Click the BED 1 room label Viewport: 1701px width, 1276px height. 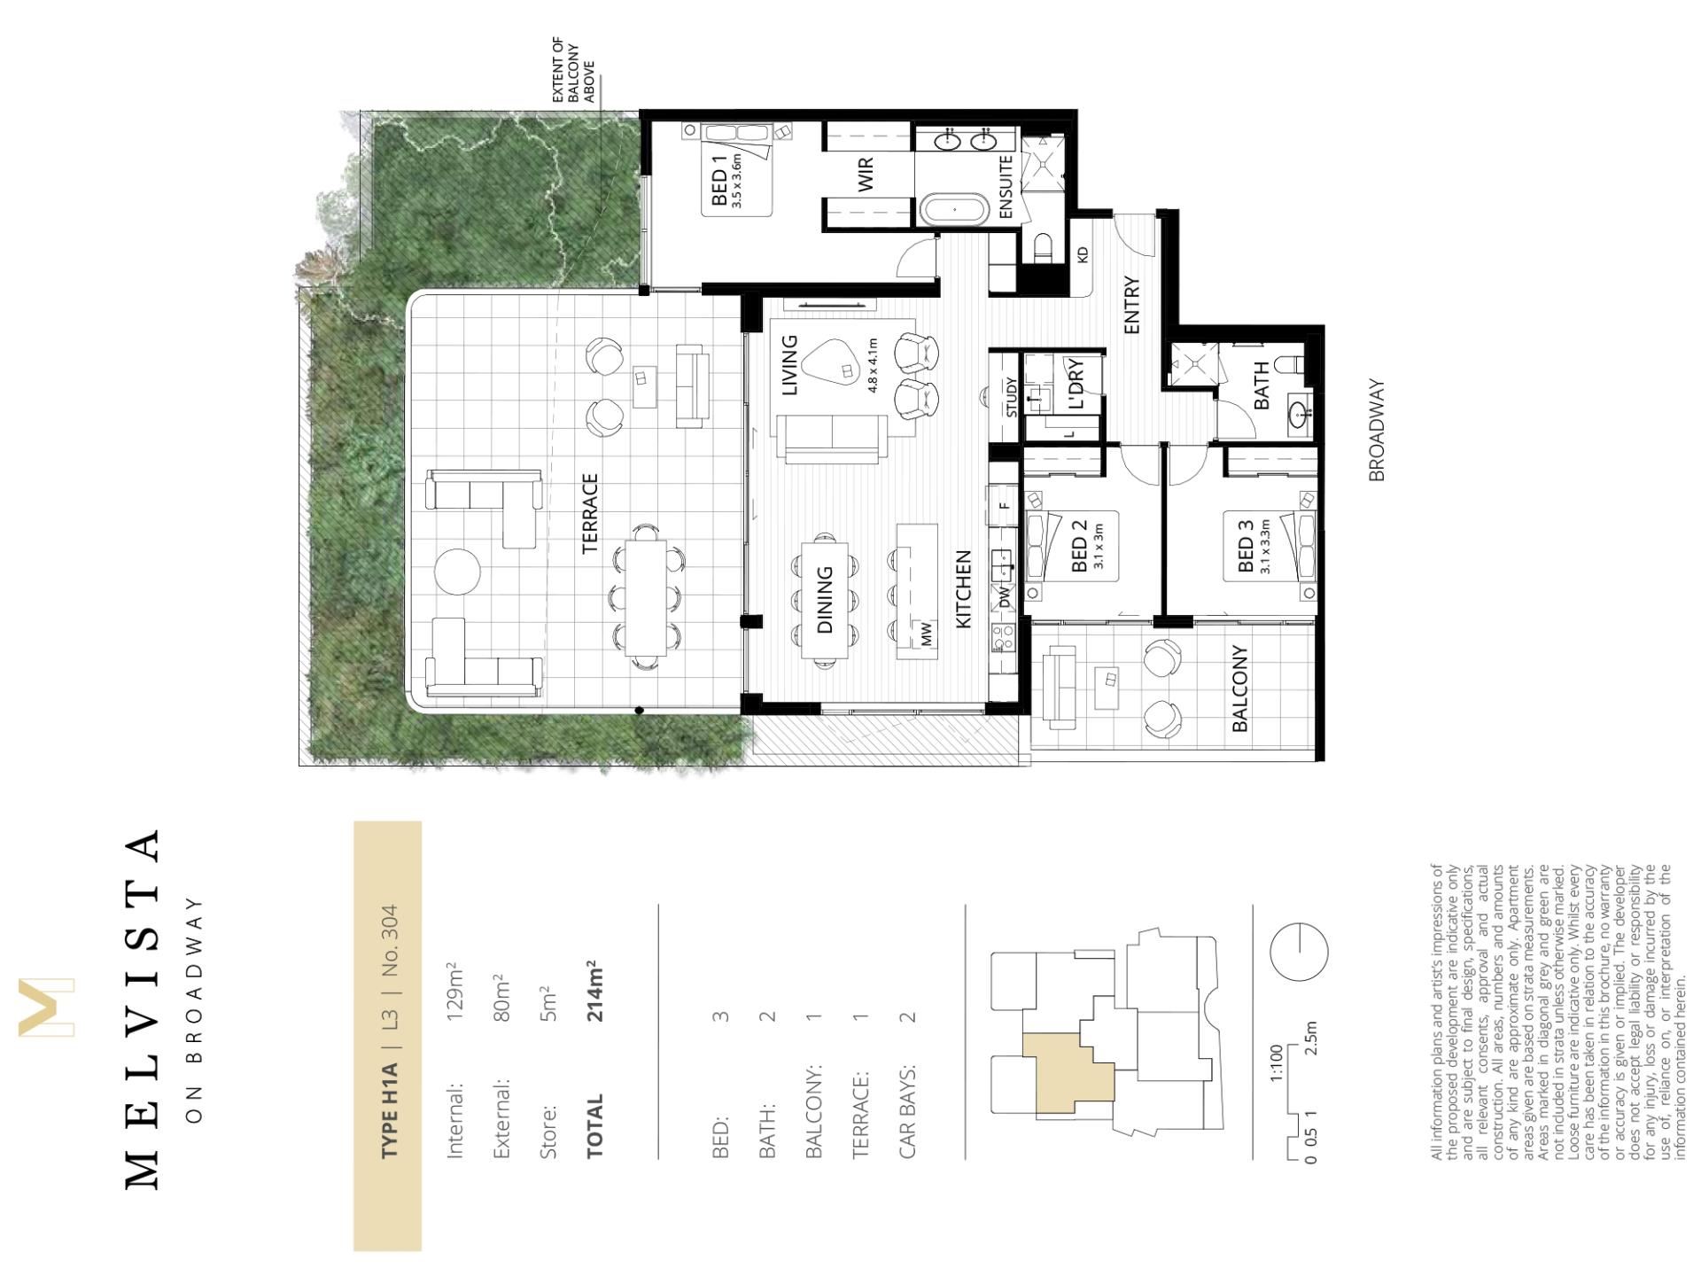(719, 181)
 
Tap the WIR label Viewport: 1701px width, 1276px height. (866, 174)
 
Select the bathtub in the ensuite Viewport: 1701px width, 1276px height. (954, 211)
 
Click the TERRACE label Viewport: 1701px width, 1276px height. (590, 514)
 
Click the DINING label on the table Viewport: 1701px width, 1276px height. (825, 600)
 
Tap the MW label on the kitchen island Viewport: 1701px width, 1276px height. (927, 633)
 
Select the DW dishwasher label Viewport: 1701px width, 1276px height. (1005, 597)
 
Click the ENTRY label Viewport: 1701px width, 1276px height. (1131, 306)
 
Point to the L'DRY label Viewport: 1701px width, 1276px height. (1076, 385)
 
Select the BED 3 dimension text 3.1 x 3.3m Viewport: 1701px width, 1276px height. (1266, 546)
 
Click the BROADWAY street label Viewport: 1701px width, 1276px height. (1376, 431)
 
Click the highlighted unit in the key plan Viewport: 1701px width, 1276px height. (1067, 1072)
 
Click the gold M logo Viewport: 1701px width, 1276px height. (46, 1007)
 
